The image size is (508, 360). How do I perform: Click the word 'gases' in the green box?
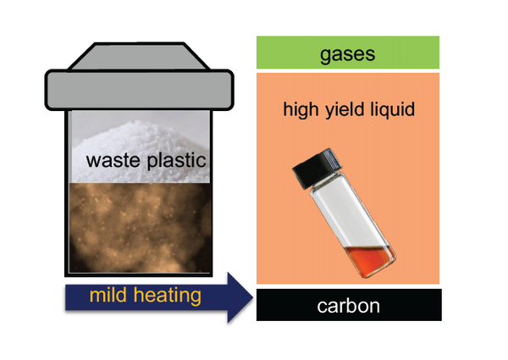coord(347,54)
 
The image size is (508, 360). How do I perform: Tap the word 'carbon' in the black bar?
coord(348,306)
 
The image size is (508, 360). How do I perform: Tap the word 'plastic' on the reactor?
coord(177,160)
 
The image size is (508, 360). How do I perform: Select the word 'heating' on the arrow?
coord(167,296)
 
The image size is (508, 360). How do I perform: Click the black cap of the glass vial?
coord(317,169)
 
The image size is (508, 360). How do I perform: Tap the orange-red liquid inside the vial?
coord(370,260)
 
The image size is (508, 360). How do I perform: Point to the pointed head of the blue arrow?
coord(252,297)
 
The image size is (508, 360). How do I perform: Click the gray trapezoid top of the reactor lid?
coord(139,56)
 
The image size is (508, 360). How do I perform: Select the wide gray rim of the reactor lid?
coord(139,90)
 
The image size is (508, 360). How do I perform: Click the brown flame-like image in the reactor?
coord(140,228)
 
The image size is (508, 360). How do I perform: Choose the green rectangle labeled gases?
coord(348,53)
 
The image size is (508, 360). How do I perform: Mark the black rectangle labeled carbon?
coord(349,305)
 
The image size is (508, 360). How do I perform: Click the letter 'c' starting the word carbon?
coord(321,307)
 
